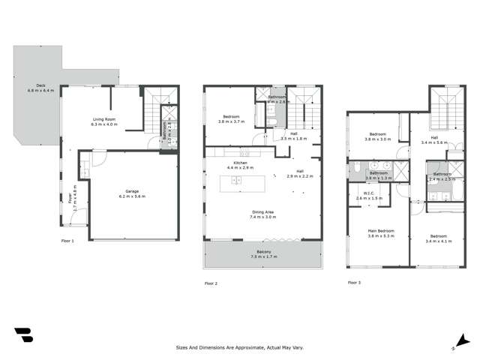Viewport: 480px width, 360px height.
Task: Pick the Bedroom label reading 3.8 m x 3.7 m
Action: [231, 118]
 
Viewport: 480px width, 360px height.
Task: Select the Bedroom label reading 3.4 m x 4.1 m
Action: [439, 238]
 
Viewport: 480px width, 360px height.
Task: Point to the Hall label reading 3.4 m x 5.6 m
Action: [434, 139]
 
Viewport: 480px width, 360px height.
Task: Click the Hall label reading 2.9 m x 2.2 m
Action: [300, 174]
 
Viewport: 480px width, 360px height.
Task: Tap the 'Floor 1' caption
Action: [69, 241]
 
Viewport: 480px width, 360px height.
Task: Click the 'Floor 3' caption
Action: [354, 283]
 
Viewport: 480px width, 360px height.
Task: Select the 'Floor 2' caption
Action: [211, 283]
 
